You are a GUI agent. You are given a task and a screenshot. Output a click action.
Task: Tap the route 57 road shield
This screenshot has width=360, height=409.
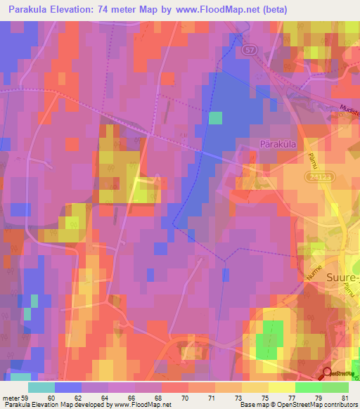point(250,51)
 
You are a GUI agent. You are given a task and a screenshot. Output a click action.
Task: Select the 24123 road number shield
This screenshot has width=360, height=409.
point(316,178)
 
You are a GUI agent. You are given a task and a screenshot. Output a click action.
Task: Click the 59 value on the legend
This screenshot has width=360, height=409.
point(27,398)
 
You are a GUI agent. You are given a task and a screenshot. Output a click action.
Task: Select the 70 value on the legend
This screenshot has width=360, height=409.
point(185,398)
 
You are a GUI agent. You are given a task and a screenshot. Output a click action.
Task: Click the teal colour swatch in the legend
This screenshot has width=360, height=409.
point(41,387)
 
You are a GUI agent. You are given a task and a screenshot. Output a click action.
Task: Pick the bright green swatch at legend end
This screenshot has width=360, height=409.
point(335,387)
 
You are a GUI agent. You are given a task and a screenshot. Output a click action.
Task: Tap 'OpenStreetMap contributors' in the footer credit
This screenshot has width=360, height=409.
point(317,405)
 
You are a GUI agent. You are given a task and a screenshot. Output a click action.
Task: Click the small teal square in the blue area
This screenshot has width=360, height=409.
point(215,117)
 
